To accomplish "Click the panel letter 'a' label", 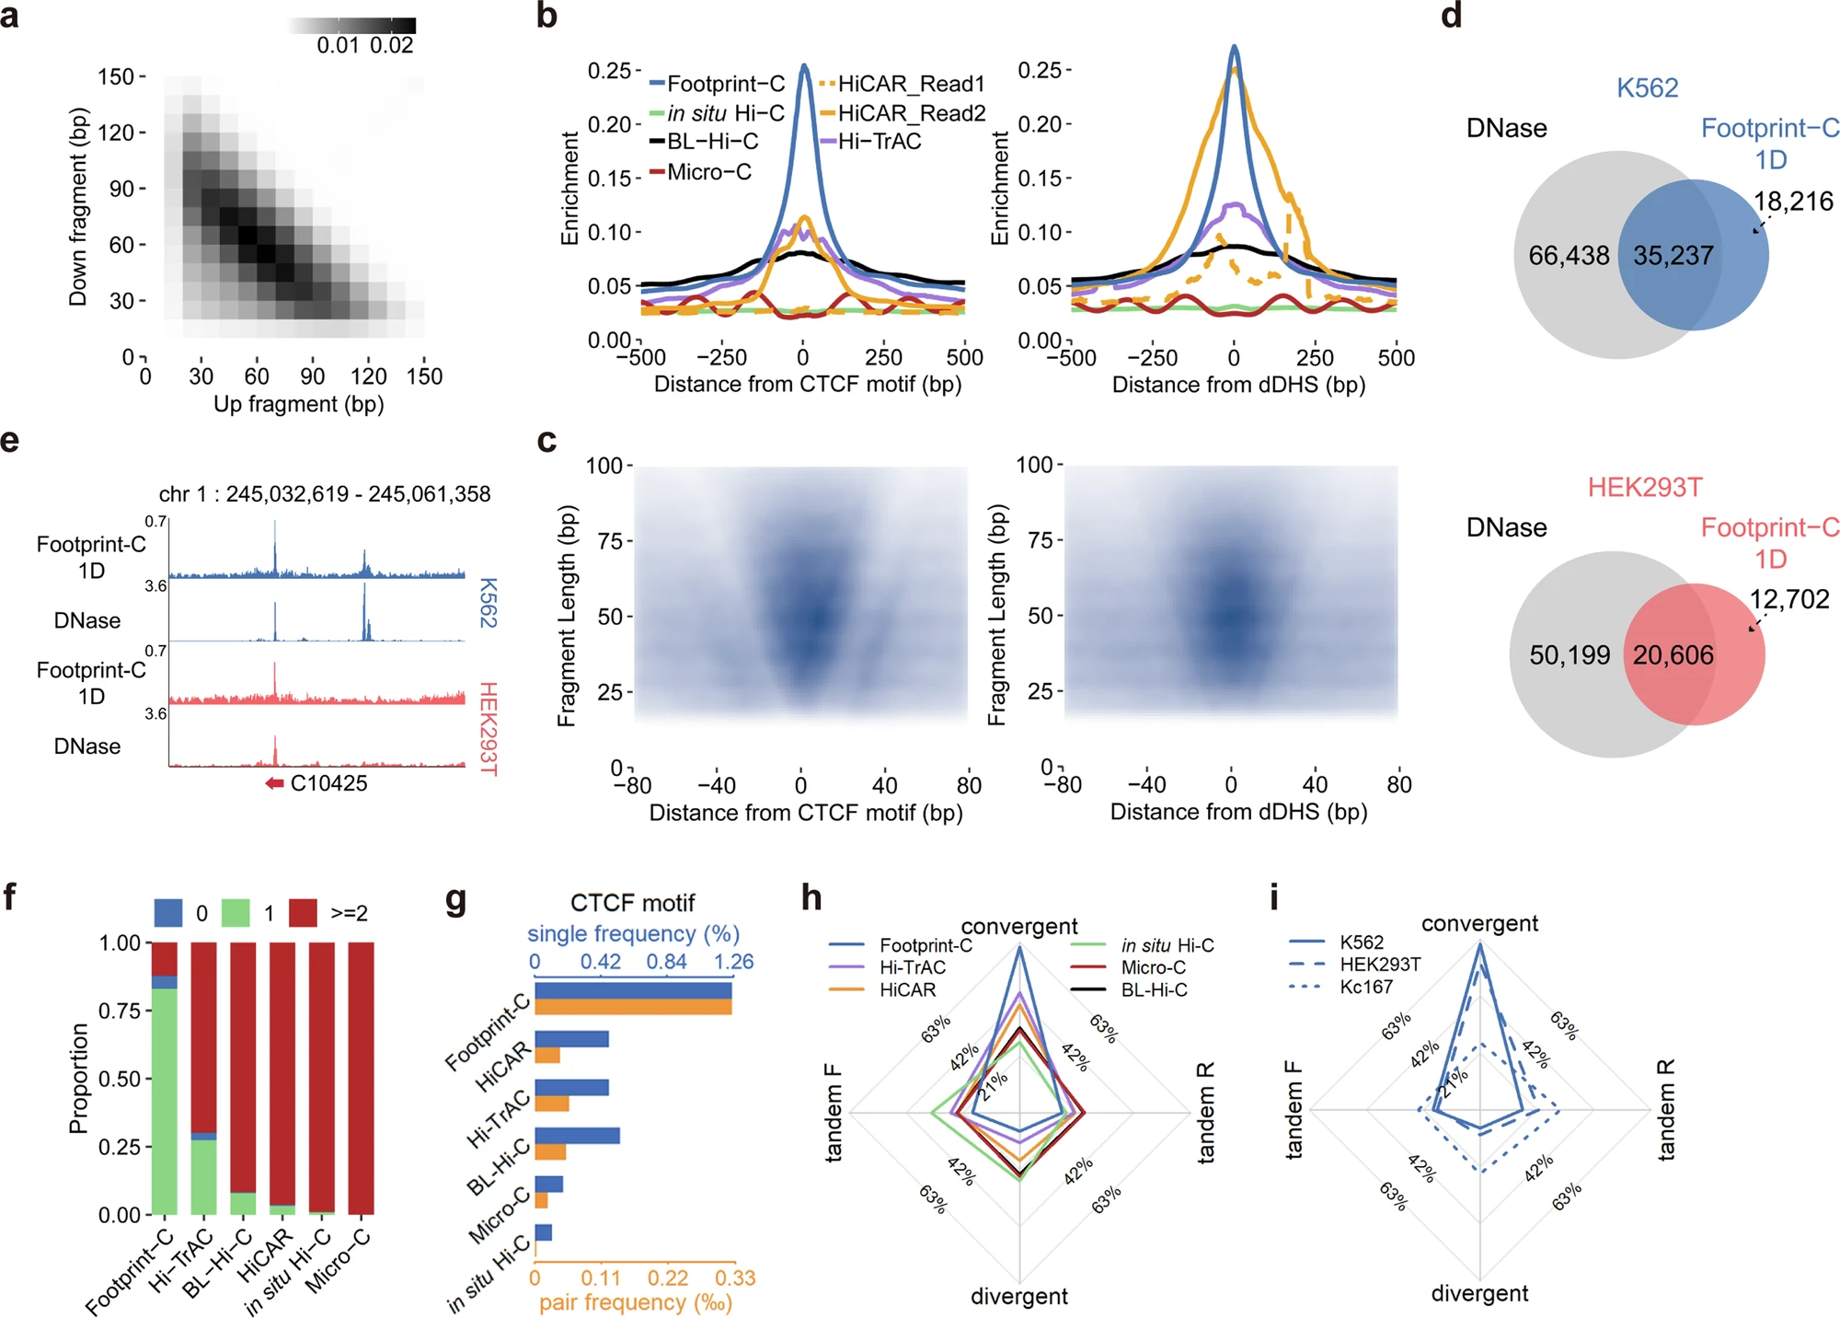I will click(10, 16).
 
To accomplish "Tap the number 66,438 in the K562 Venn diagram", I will click(1569, 255).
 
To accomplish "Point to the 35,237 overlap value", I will click(1673, 255).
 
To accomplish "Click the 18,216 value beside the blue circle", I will click(1792, 201).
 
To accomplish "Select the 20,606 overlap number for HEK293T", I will click(1673, 654).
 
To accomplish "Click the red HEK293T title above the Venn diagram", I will click(1645, 487).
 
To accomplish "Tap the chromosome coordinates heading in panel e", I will click(325, 494).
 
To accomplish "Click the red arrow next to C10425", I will click(274, 783).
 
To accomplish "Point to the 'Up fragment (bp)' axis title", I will click(298, 404).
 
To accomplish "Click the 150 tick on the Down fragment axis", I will click(117, 76).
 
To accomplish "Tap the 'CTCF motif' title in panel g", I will click(632, 903).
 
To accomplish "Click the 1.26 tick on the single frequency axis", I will click(733, 962).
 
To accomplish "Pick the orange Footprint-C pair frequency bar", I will click(633, 1007).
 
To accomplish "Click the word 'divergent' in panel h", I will click(1018, 1296).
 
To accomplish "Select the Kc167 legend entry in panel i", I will click(1365, 987).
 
